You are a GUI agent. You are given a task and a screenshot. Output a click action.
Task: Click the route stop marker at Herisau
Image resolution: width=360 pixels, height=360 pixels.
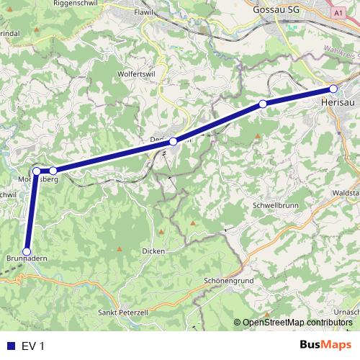coord(333,89)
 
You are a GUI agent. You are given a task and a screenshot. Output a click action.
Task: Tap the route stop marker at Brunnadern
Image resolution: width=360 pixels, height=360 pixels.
coord(27,251)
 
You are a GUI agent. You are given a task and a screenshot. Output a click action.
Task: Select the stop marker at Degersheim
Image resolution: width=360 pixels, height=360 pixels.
coord(173,142)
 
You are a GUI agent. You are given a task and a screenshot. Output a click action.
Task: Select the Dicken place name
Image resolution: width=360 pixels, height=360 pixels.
coord(153,251)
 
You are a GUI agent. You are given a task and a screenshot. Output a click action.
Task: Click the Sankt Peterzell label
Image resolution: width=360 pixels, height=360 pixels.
coord(123,313)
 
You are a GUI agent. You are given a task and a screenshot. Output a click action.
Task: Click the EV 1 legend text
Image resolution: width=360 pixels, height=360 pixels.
coord(33,346)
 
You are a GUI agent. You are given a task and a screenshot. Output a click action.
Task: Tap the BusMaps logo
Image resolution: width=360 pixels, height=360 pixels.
coord(327,346)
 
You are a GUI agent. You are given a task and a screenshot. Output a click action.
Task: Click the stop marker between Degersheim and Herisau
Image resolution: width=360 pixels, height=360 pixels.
coord(263,104)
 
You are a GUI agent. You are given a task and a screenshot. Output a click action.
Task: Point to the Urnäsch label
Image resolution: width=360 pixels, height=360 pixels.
coord(348,310)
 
